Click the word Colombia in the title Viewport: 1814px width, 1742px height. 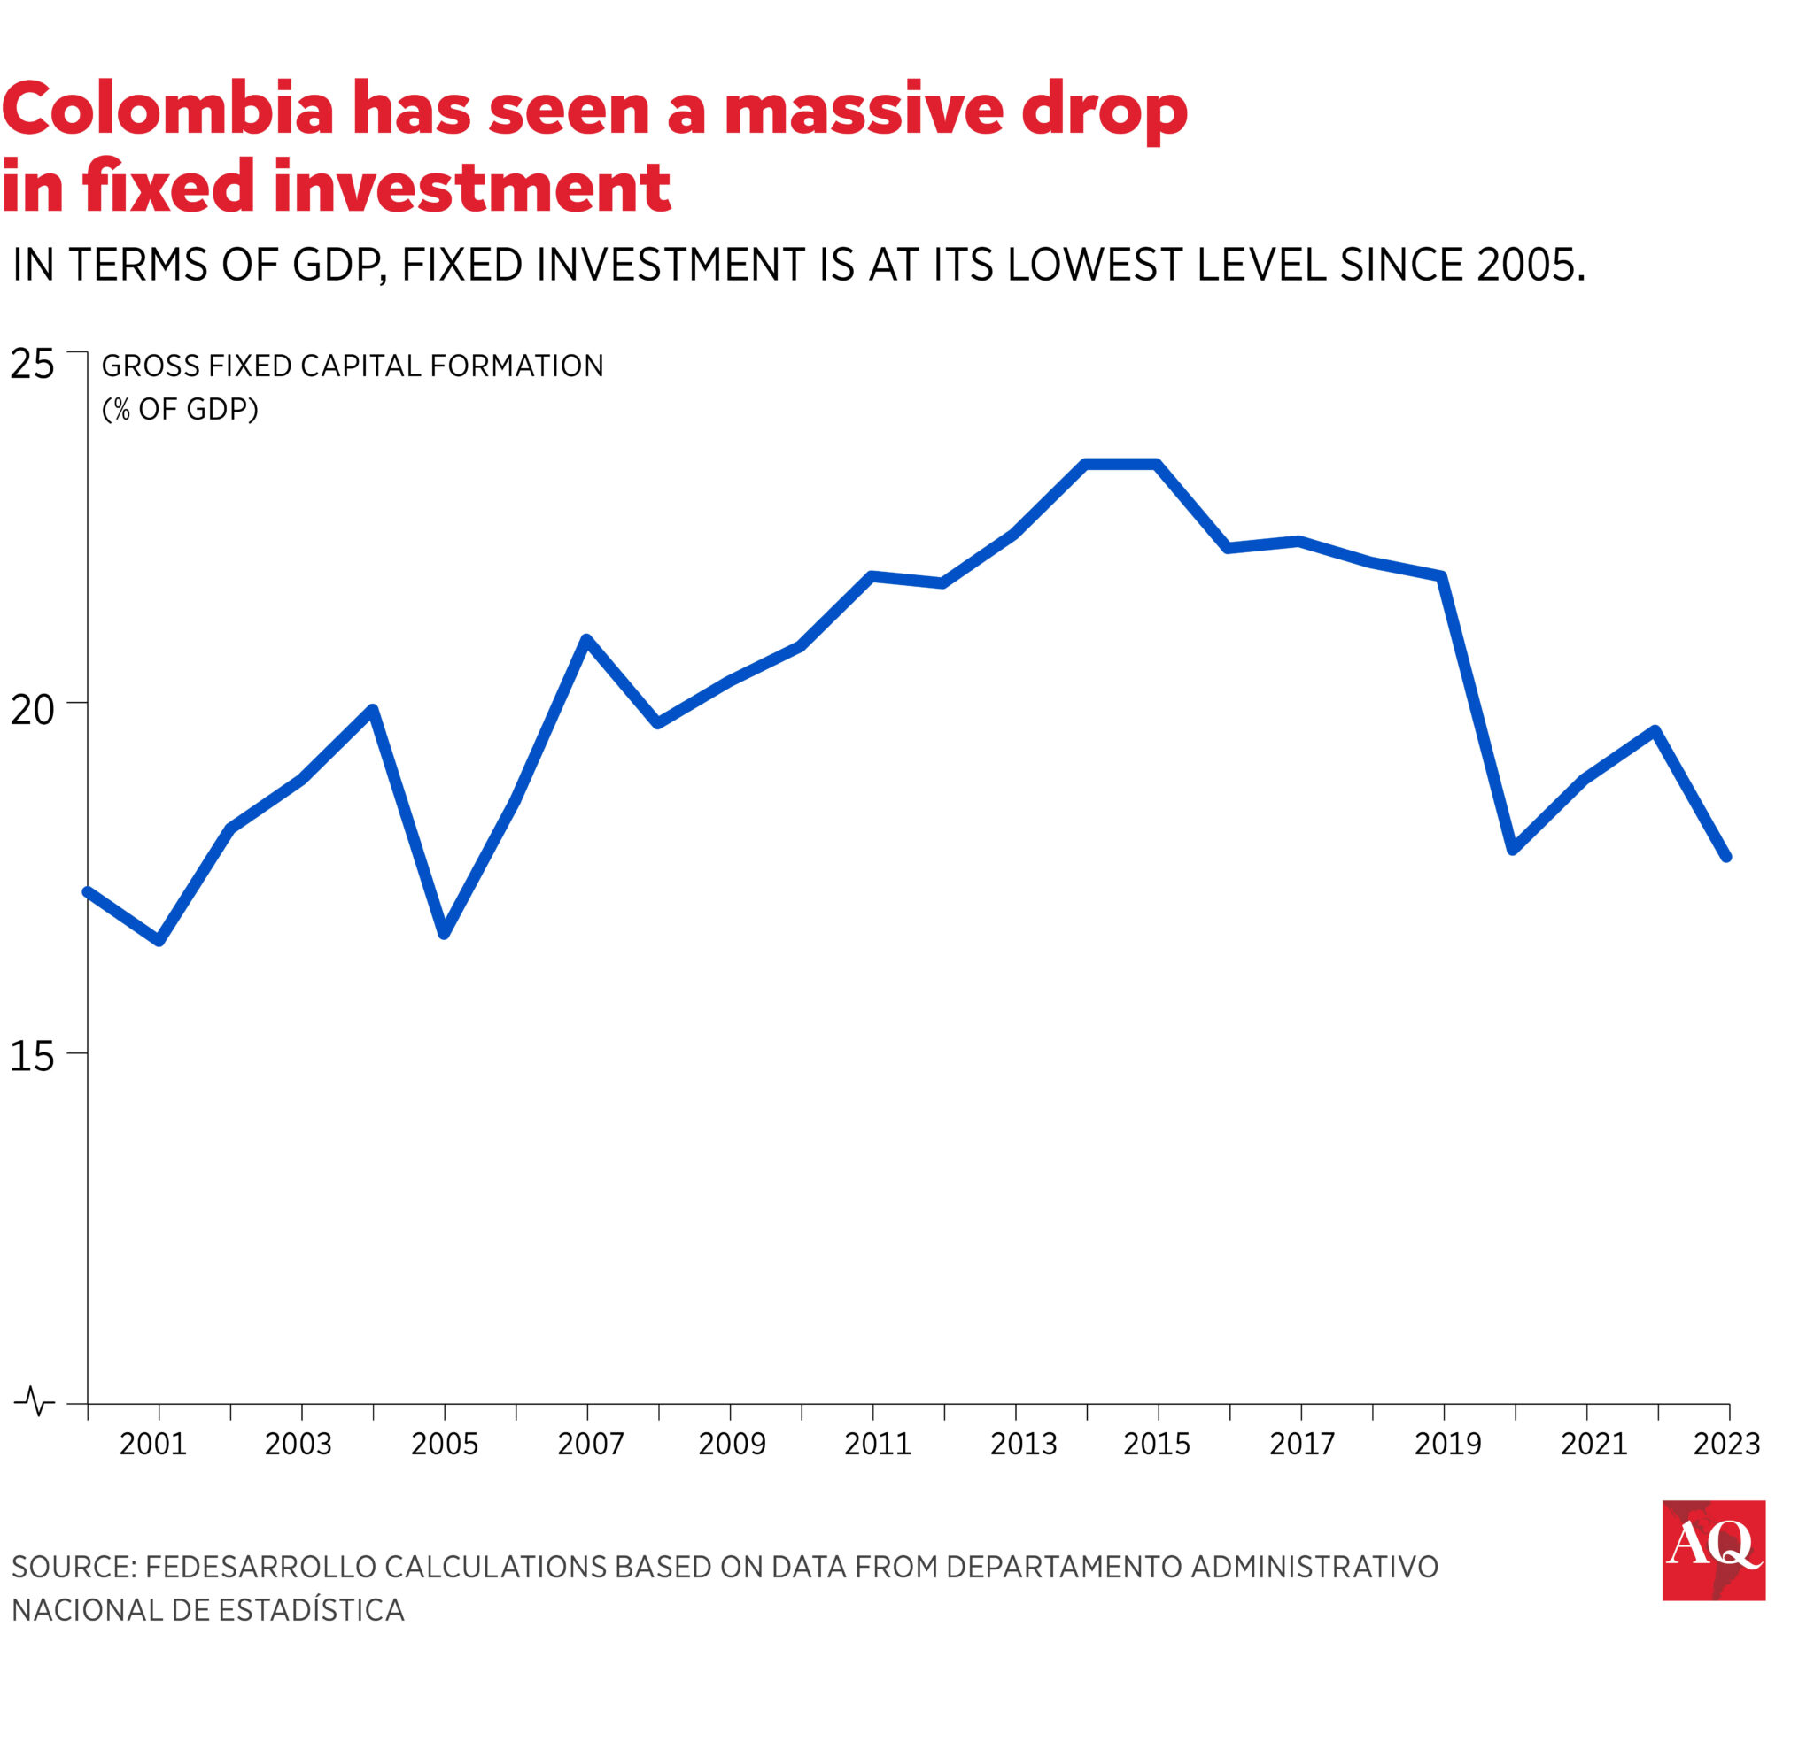click(x=168, y=109)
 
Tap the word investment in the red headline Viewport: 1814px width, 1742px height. click(x=471, y=187)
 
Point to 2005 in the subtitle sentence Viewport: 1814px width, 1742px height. click(x=1528, y=266)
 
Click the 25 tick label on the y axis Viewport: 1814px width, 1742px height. click(x=33, y=365)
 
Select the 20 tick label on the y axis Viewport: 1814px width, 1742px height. click(x=33, y=711)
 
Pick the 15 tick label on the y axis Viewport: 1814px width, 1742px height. click(x=33, y=1057)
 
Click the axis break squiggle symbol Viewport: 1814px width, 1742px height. click(x=35, y=1400)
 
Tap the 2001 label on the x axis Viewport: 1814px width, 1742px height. click(x=152, y=1444)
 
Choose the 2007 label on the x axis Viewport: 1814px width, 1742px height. click(x=591, y=1444)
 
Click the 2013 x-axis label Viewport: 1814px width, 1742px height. click(x=1023, y=1444)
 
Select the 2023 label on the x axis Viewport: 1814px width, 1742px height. click(x=1726, y=1444)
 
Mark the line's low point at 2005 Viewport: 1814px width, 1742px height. click(x=445, y=934)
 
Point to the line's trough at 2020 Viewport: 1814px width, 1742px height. click(x=1513, y=848)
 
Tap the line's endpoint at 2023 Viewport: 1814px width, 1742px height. click(x=1726, y=857)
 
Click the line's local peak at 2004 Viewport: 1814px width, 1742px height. click(x=373, y=711)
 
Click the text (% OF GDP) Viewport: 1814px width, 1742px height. click(x=180, y=409)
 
